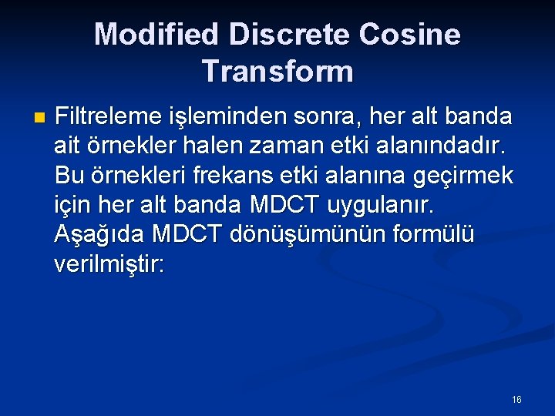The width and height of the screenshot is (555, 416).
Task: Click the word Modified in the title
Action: click(156, 35)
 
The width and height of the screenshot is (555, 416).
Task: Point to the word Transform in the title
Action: click(277, 72)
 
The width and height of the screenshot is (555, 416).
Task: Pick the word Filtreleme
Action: click(109, 117)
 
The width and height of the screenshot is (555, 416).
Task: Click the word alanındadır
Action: click(449, 146)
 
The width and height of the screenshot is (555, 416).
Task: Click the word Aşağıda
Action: click(99, 234)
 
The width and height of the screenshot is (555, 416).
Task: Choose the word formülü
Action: click(432, 234)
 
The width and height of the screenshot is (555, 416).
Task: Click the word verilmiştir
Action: click(109, 263)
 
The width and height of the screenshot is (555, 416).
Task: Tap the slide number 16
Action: click(516, 400)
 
